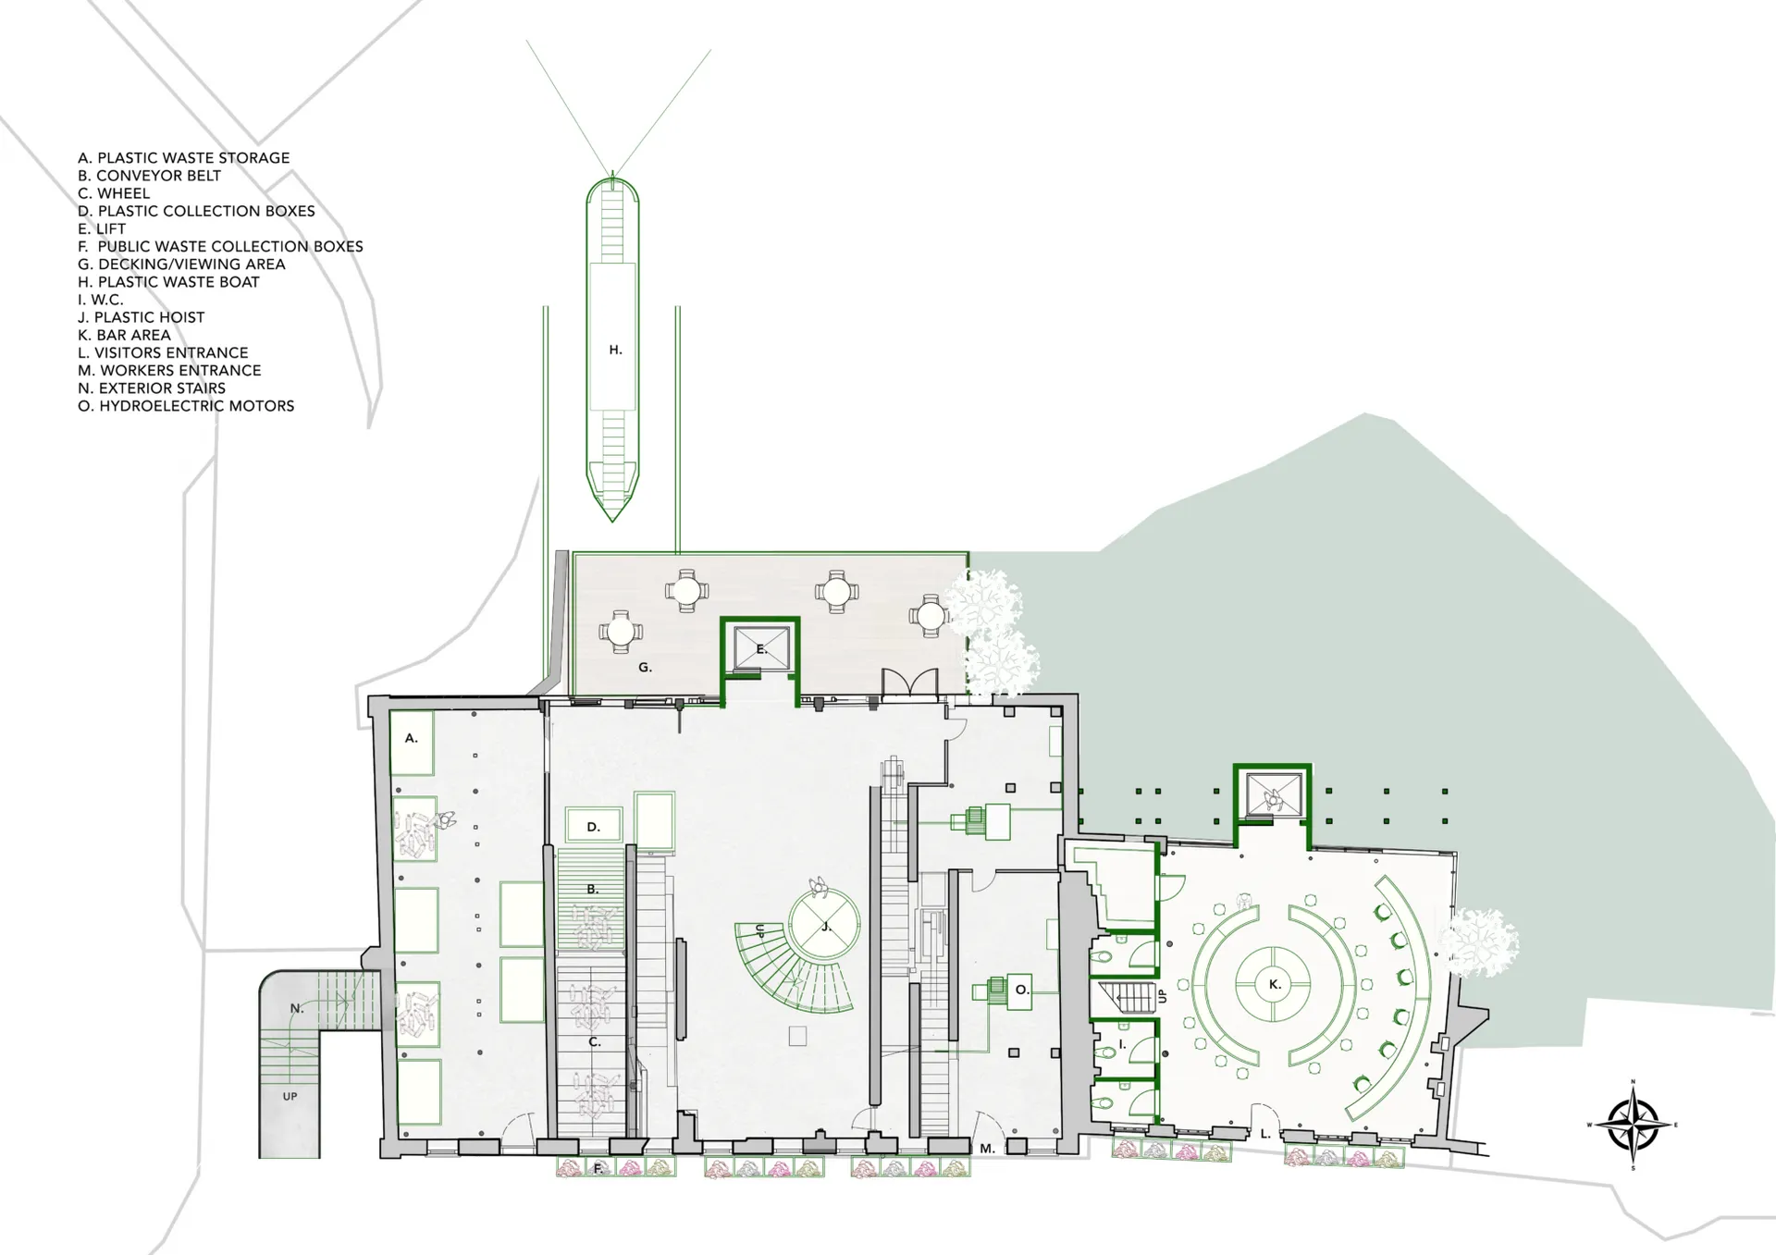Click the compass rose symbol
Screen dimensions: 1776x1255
point(1633,1125)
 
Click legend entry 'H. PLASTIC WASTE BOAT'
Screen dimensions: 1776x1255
point(168,282)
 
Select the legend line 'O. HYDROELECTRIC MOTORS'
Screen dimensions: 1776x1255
point(186,406)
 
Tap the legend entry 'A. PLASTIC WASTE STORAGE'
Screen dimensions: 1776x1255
point(183,158)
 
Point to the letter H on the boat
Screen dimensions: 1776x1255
point(615,350)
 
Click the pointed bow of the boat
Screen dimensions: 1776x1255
point(612,521)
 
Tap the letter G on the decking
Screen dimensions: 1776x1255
point(645,667)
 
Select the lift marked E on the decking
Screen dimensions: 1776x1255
point(760,647)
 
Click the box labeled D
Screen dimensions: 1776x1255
point(593,826)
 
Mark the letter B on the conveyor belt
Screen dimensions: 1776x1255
point(592,889)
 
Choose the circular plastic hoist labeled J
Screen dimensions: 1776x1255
point(824,924)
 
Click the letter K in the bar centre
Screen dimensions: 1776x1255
point(1275,984)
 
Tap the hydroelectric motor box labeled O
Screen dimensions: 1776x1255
point(1019,990)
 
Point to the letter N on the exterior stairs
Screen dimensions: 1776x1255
point(297,1008)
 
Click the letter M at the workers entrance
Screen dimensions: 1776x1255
point(987,1149)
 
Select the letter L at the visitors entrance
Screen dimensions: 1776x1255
point(1265,1133)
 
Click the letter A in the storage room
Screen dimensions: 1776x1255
point(412,738)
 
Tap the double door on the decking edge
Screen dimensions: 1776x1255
point(911,683)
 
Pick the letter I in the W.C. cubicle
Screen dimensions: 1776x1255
point(1122,1044)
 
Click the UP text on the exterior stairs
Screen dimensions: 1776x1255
point(290,1096)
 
